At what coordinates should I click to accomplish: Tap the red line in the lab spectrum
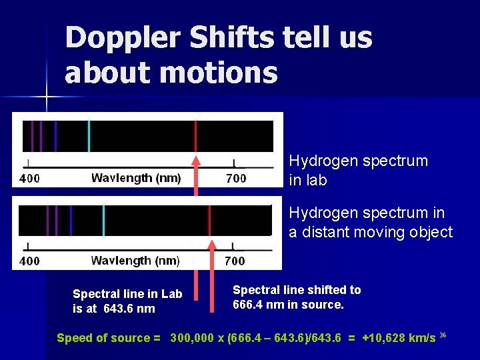point(195,136)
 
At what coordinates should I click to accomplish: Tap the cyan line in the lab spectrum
point(89,136)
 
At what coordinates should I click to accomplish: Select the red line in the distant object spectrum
point(209,220)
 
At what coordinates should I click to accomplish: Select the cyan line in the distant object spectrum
point(103,220)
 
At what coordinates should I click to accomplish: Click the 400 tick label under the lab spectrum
point(29,179)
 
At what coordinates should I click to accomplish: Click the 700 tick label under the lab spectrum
point(236,178)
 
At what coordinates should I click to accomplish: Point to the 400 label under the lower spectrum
point(29,261)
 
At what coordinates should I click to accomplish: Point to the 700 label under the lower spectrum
point(235,261)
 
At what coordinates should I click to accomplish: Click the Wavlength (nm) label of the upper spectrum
point(136,178)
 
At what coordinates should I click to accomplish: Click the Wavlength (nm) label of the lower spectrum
point(136,260)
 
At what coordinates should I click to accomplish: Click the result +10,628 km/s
point(398,338)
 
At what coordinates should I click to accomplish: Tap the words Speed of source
point(103,338)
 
